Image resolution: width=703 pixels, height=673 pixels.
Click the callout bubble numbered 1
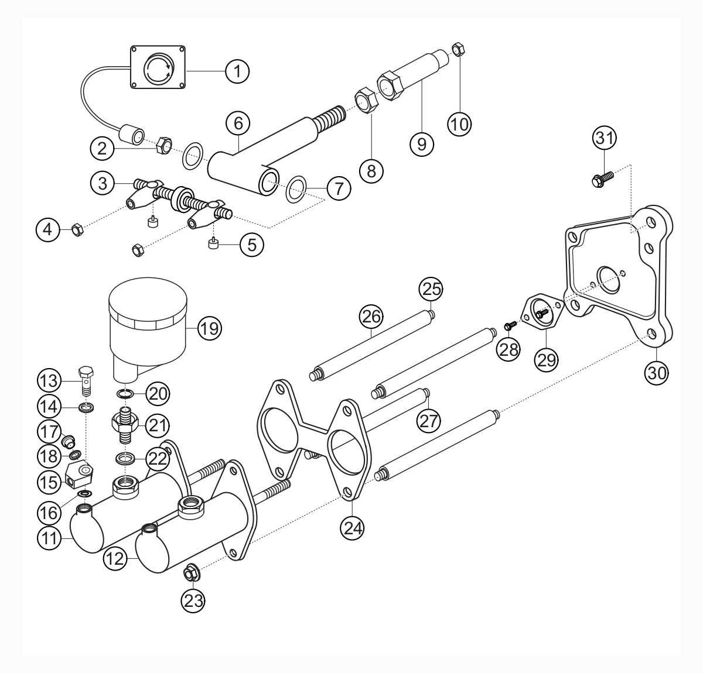tap(237, 71)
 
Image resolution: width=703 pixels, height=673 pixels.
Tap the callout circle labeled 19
tap(209, 328)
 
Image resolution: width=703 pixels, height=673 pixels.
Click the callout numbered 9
tap(422, 143)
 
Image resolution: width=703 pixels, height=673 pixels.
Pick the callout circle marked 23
tap(194, 600)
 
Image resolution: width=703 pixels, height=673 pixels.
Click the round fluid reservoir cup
tap(148, 319)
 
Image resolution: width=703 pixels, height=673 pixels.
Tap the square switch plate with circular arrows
tap(158, 67)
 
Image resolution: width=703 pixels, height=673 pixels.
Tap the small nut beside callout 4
tap(76, 229)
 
